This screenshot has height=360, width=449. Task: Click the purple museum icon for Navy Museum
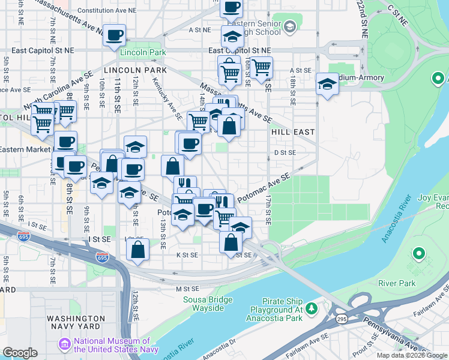(x=64, y=345)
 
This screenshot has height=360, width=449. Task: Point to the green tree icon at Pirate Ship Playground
(x=311, y=308)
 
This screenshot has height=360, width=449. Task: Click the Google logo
(x=20, y=353)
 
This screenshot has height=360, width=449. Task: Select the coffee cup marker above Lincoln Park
(x=114, y=34)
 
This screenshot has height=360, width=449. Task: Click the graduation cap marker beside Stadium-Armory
(x=327, y=84)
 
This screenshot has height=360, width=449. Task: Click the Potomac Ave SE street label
(x=264, y=187)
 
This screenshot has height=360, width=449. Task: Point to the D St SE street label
(x=285, y=152)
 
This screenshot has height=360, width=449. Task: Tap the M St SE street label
(x=187, y=289)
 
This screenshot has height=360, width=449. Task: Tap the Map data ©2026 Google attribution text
(x=412, y=355)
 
